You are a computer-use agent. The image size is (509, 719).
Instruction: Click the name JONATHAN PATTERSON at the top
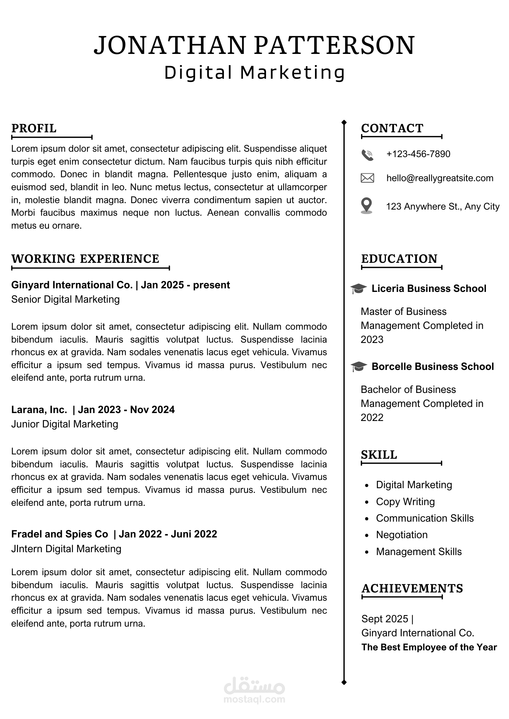pos(254,45)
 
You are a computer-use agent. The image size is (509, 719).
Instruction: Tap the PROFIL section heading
pos(34,128)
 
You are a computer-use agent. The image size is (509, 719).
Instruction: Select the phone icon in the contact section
pos(367,155)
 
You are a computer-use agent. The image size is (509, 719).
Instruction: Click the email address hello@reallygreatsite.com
pos(440,178)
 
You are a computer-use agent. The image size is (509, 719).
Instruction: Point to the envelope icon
pos(367,178)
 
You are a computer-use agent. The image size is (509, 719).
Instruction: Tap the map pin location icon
pos(366,206)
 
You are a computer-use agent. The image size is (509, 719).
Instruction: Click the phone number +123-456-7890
pos(418,154)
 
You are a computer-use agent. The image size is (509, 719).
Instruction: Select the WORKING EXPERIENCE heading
pos(85,259)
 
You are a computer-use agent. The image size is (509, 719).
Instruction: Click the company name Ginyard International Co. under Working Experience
pos(72,285)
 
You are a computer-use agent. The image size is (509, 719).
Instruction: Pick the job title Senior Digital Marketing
pos(66,299)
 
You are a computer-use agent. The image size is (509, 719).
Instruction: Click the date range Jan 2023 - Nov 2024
pos(126,410)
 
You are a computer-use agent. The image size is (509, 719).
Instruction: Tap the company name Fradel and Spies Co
pos(60,534)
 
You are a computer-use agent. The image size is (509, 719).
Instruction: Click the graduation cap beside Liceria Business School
pos(358,289)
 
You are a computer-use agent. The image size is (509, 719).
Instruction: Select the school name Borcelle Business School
pos(433,367)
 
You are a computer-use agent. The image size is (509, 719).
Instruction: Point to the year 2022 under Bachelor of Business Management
pos(372,418)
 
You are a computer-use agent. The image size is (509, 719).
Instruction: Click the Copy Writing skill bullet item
pos(405,502)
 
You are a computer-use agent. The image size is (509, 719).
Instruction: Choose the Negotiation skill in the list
pos(402,535)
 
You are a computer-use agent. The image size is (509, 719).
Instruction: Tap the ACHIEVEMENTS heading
pos(412,589)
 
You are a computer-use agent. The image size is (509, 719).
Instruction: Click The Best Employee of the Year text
pos(429,647)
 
